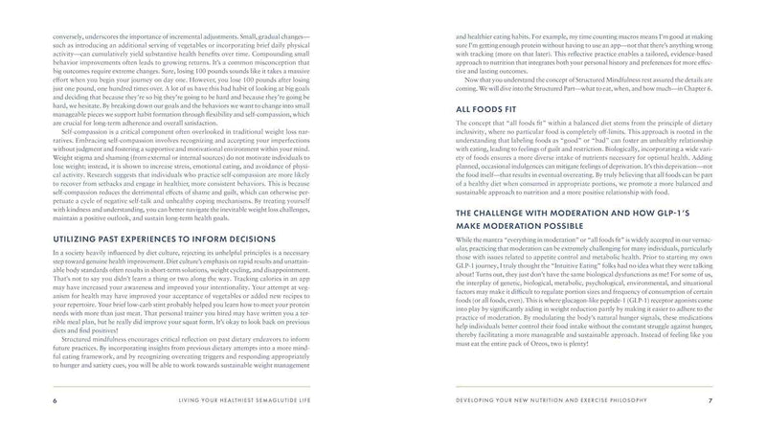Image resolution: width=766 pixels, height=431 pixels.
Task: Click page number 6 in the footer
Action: pos(37,399)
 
